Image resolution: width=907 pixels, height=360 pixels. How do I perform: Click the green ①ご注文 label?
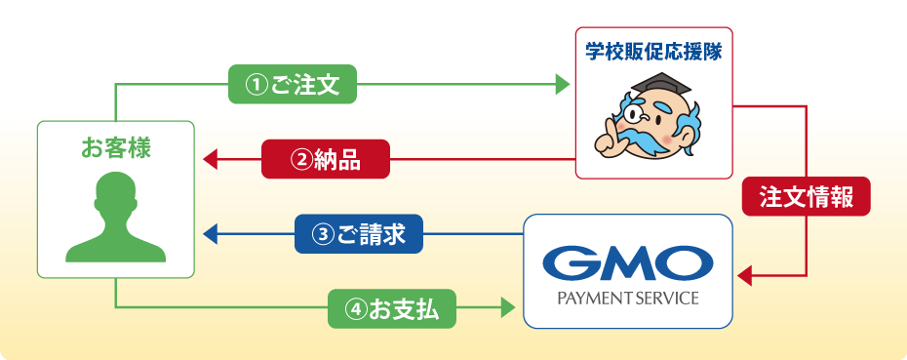coord(292,85)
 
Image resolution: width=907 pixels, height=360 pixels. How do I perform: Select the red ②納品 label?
coord(325,159)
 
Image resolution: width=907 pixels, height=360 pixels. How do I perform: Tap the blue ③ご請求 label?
coord(358,234)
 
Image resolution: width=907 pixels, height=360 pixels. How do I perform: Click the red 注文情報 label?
coord(806,196)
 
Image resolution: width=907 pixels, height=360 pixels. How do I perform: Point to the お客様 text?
coord(116,148)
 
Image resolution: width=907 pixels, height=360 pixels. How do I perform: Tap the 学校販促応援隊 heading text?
coord(653,52)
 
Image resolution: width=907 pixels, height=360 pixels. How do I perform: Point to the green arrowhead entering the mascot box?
coord(563,85)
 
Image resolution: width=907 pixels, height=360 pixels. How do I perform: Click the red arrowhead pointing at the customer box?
coord(209,159)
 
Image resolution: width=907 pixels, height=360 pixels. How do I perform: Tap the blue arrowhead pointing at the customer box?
coord(209,234)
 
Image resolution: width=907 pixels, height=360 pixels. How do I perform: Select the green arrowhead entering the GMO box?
coord(507,309)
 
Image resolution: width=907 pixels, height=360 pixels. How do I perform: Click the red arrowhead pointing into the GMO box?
coord(744,277)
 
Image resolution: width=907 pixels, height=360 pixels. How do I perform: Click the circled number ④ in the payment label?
coord(355,309)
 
